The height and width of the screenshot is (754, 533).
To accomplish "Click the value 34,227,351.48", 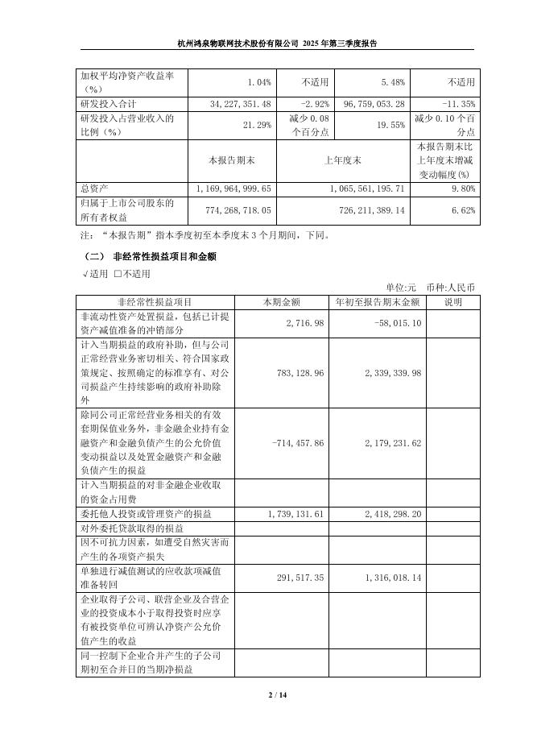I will [241, 104].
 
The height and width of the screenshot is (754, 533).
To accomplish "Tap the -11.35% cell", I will [459, 104].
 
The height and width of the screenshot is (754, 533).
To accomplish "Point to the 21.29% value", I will [261, 126].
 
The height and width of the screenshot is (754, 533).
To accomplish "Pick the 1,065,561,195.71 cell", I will [366, 188].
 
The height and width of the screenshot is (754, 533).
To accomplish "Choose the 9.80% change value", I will [463, 188].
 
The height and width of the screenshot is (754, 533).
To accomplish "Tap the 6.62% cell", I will [463, 210].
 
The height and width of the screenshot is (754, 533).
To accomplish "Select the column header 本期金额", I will [282, 302].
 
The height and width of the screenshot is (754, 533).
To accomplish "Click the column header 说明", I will [453, 302].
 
